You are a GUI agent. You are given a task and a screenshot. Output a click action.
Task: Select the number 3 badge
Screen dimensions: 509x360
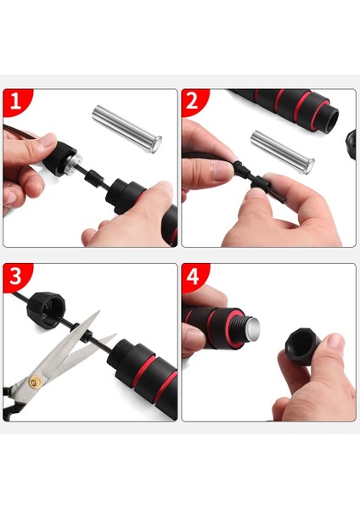[x=15, y=277]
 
